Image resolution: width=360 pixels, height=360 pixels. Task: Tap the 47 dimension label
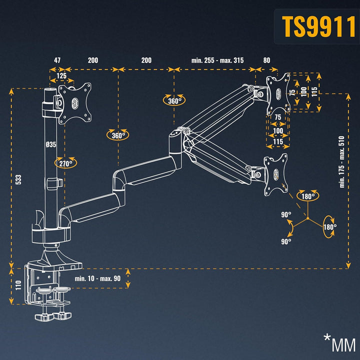click(57, 60)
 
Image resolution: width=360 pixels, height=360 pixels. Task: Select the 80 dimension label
click(266, 60)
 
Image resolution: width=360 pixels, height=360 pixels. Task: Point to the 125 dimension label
click(61, 76)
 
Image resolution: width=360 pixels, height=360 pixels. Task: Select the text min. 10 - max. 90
click(97, 278)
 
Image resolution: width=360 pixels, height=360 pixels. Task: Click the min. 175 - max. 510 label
click(342, 161)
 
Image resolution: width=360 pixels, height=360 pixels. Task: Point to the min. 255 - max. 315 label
click(217, 60)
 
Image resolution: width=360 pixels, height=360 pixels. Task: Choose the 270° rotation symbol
click(65, 162)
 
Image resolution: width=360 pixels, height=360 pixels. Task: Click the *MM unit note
click(339, 344)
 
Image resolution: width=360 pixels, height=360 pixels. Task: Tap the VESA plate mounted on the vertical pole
click(75, 102)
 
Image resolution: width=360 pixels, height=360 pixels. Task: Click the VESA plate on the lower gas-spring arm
click(275, 174)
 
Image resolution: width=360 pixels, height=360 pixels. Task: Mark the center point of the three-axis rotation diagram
click(308, 219)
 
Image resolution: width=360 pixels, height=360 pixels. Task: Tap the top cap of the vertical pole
click(49, 90)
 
